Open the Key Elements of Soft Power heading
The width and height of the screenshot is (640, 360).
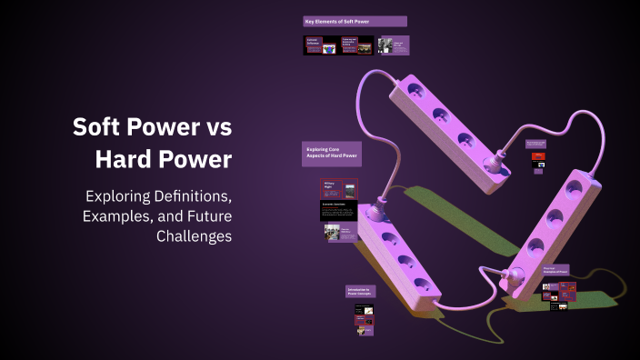click(x=355, y=21)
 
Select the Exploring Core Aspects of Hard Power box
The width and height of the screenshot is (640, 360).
click(x=331, y=154)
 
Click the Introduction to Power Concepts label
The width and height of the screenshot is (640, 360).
click(x=360, y=292)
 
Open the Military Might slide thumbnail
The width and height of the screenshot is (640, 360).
click(x=337, y=189)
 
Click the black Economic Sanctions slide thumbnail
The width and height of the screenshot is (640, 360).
click(x=338, y=211)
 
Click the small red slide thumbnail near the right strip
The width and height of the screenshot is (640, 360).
click(x=538, y=156)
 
